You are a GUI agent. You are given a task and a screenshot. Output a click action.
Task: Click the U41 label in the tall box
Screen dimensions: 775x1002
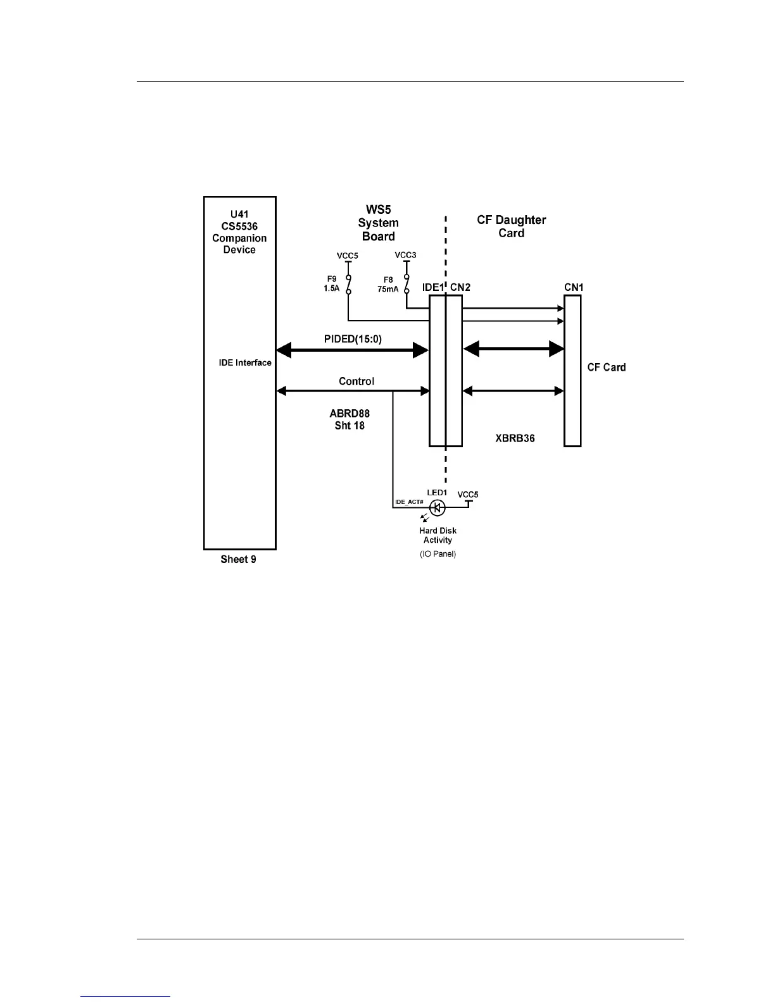coord(239,214)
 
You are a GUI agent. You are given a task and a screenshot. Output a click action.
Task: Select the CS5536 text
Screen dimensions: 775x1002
coord(239,226)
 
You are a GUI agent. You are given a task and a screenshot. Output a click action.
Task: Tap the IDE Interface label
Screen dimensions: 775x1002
coord(245,363)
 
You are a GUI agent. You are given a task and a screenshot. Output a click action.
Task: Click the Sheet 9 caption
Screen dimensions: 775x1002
coord(238,559)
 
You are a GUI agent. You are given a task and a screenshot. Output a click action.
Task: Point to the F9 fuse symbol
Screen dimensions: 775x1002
coord(348,284)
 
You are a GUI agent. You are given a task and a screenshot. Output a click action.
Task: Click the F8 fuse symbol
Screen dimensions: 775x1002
coord(406,284)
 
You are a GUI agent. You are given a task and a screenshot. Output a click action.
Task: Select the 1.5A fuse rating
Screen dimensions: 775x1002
coord(332,288)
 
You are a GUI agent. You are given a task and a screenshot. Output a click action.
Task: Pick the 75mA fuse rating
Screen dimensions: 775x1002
coord(388,288)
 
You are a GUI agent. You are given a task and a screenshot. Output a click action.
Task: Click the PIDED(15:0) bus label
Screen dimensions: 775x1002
coord(353,339)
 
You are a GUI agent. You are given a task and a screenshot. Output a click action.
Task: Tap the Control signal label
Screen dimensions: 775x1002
coord(356,381)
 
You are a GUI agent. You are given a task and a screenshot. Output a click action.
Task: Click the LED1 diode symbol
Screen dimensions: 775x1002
coord(437,507)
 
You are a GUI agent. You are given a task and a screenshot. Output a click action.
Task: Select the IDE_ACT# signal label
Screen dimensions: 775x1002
coord(409,502)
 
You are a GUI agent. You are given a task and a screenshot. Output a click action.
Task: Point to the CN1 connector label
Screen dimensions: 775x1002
coord(574,287)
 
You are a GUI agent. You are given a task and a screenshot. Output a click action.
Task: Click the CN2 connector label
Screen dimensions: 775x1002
coord(460,287)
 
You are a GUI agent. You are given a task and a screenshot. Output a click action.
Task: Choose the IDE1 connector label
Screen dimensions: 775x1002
coord(433,287)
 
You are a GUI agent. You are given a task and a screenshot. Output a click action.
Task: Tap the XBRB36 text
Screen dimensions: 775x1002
coord(515,438)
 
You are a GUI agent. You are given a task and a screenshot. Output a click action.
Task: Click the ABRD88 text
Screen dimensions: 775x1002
coord(350,414)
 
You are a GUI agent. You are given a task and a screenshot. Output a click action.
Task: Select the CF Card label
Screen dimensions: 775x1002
coord(607,368)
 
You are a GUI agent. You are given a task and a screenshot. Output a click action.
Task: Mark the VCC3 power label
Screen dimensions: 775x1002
coord(406,255)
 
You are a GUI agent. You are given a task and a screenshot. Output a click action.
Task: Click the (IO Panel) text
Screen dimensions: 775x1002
coord(438,554)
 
